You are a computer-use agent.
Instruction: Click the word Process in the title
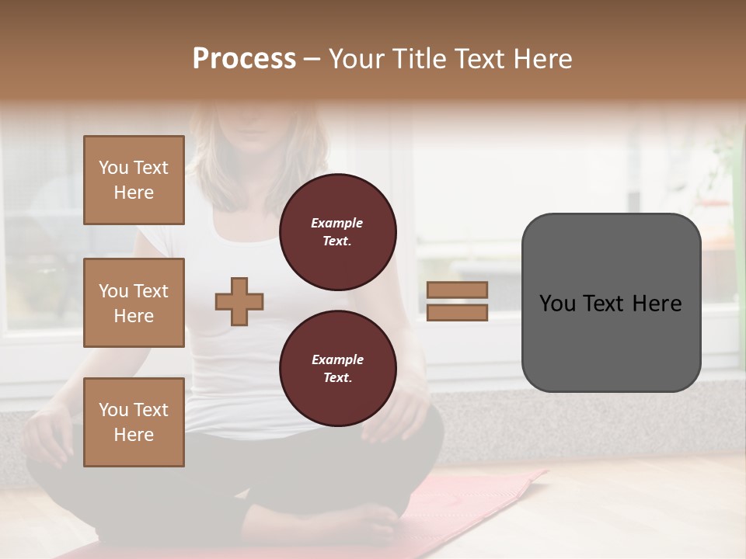click(x=244, y=58)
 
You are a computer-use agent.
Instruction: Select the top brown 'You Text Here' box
click(x=134, y=180)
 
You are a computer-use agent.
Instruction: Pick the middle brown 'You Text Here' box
click(x=134, y=303)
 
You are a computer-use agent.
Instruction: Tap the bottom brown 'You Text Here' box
click(x=134, y=422)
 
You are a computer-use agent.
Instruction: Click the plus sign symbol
click(x=239, y=301)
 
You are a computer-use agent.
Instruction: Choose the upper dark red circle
click(x=338, y=231)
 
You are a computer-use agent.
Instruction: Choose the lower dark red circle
click(x=338, y=368)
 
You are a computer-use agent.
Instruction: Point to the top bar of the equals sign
click(x=458, y=290)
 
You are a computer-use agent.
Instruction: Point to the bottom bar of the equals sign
click(x=458, y=312)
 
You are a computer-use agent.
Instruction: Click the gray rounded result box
click(x=612, y=342)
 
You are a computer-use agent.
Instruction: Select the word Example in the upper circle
click(x=337, y=223)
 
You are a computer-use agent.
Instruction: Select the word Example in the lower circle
click(x=337, y=359)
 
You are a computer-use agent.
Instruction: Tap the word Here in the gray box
click(x=657, y=304)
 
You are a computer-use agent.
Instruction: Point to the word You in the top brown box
click(x=113, y=168)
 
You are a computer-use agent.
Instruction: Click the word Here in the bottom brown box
click(x=134, y=435)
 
